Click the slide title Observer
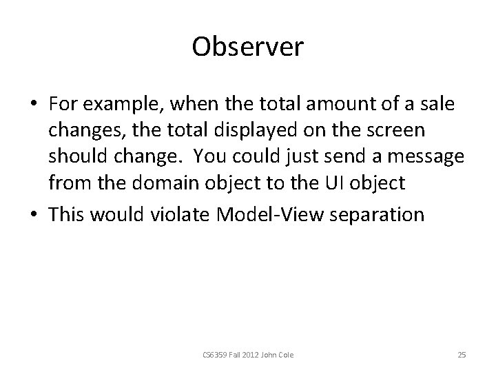(248, 46)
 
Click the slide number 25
(462, 355)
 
